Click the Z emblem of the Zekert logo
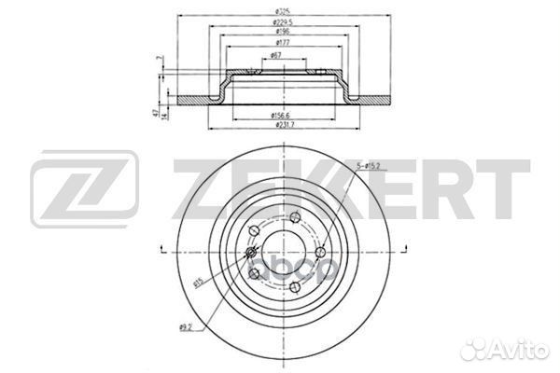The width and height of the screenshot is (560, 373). point(85,191)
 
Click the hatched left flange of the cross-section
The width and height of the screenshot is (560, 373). point(191,100)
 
